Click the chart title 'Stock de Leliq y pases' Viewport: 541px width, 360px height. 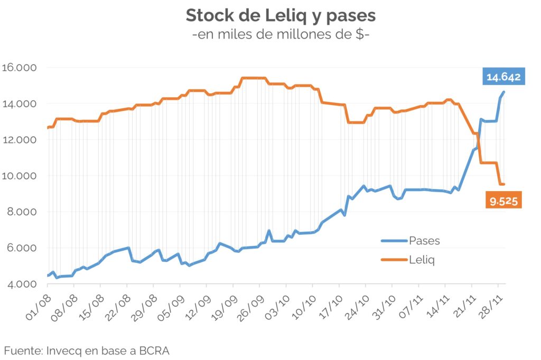(281, 15)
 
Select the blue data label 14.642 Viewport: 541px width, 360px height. (503, 77)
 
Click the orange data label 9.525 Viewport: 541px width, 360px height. (503, 201)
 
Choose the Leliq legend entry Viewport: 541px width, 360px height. (422, 260)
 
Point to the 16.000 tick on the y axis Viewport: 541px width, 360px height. (18, 68)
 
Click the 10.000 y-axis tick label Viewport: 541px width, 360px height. (18, 176)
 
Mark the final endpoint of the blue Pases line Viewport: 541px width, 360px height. (504, 92)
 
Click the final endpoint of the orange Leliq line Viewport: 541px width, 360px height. (504, 184)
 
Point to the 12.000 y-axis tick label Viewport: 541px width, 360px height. (18, 140)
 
